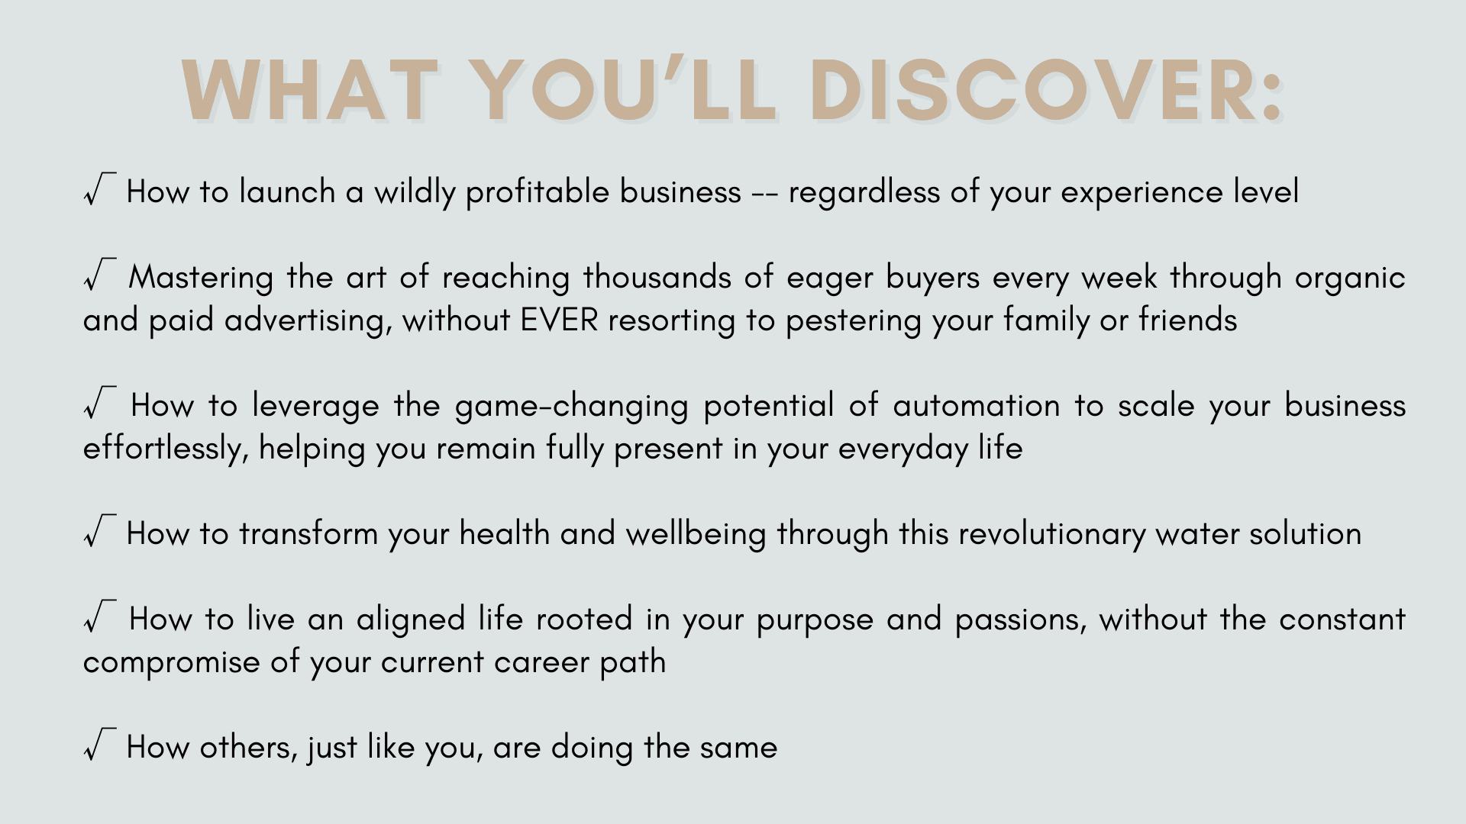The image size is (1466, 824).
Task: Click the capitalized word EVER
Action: (559, 320)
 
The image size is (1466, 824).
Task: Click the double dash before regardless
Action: (764, 194)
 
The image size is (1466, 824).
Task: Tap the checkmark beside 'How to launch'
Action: (100, 189)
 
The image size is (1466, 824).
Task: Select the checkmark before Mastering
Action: (100, 275)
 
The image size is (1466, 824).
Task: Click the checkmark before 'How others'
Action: (100, 745)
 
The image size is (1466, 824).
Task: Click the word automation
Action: (977, 405)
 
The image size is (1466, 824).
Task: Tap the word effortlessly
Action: (166, 449)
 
